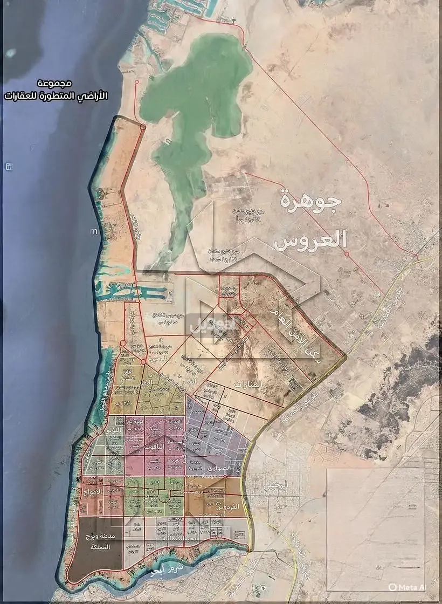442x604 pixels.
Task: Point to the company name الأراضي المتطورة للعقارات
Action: click(x=56, y=95)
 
